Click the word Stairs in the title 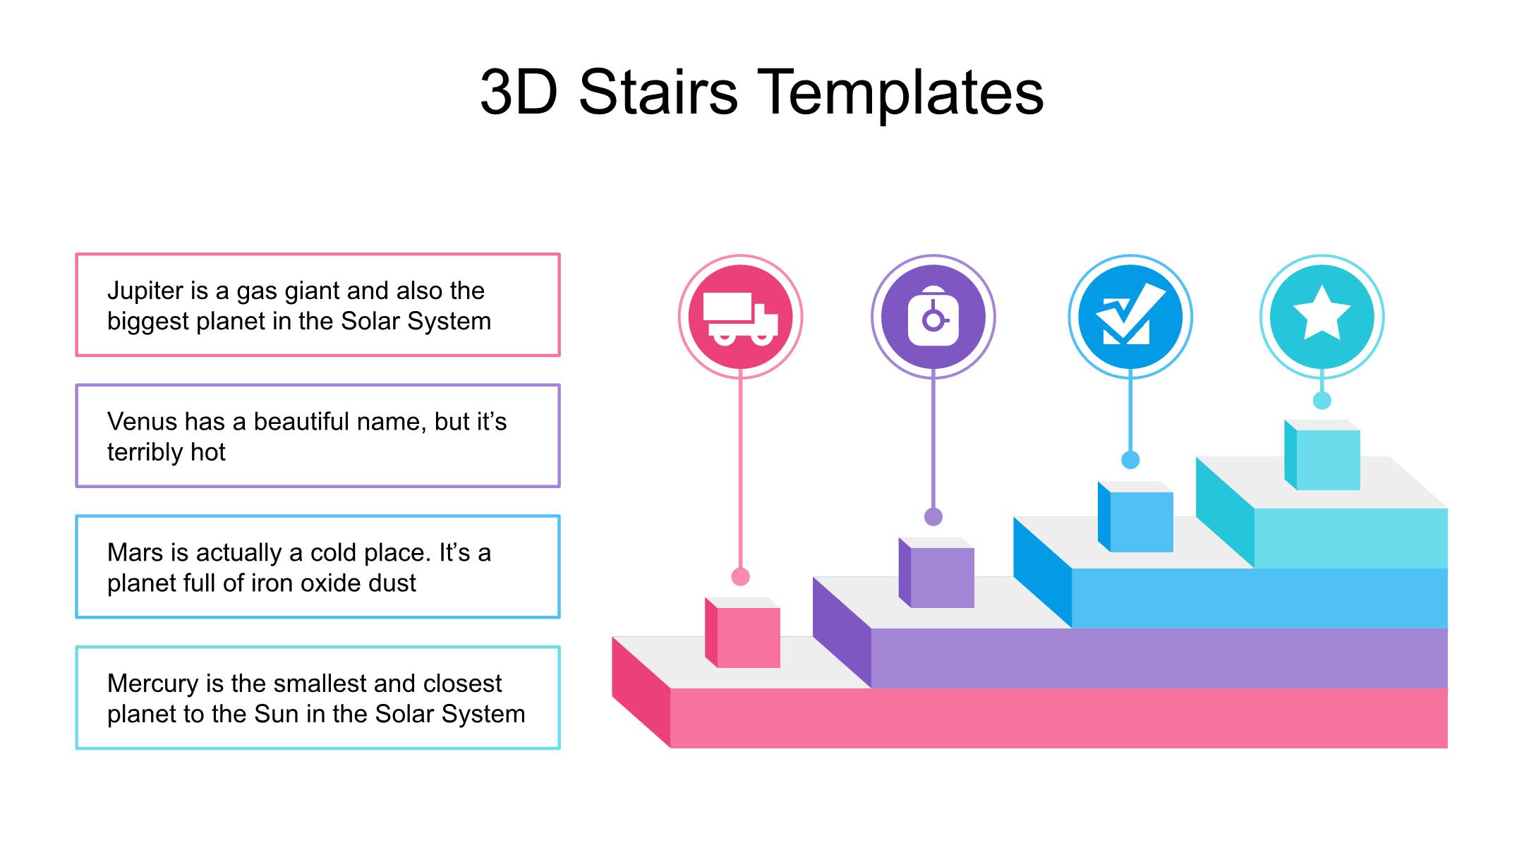(x=658, y=92)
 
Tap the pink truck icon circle (x=740, y=317)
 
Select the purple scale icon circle (x=933, y=317)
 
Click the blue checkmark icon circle (x=1130, y=317)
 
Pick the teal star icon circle (x=1322, y=317)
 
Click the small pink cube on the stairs (x=742, y=632)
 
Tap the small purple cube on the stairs (x=936, y=572)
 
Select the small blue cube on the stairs (x=1135, y=516)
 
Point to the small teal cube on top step (x=1322, y=455)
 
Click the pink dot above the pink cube (x=740, y=576)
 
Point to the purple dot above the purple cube (x=933, y=517)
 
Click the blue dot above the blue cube (x=1130, y=460)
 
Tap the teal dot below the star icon (x=1322, y=400)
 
